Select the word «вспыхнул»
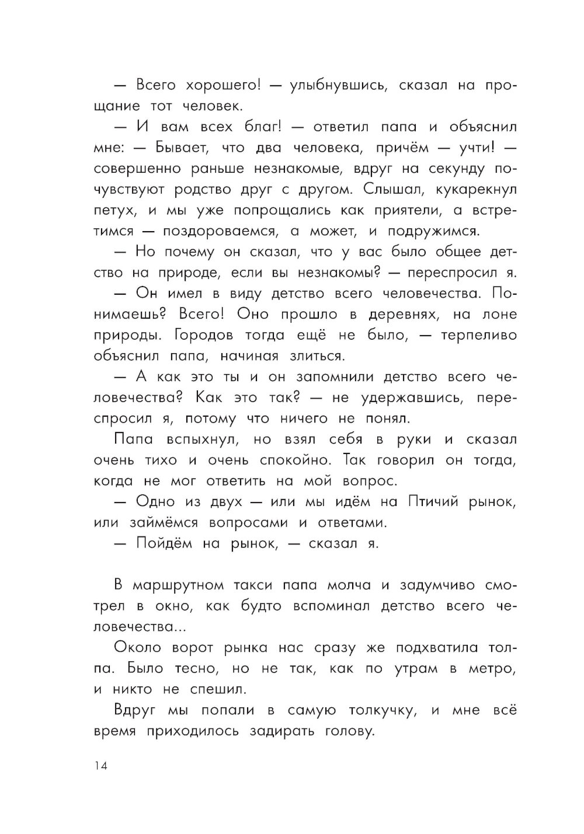click(187, 439)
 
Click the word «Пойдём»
click(165, 543)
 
